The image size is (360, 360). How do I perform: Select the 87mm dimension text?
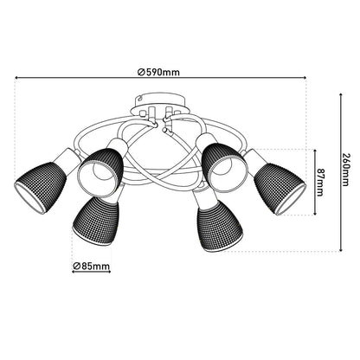tap(321, 182)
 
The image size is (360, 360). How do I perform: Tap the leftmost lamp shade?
tap(42, 185)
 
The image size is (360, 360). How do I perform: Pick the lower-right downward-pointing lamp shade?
tap(215, 226)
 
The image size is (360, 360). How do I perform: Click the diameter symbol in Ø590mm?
tap(141, 71)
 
